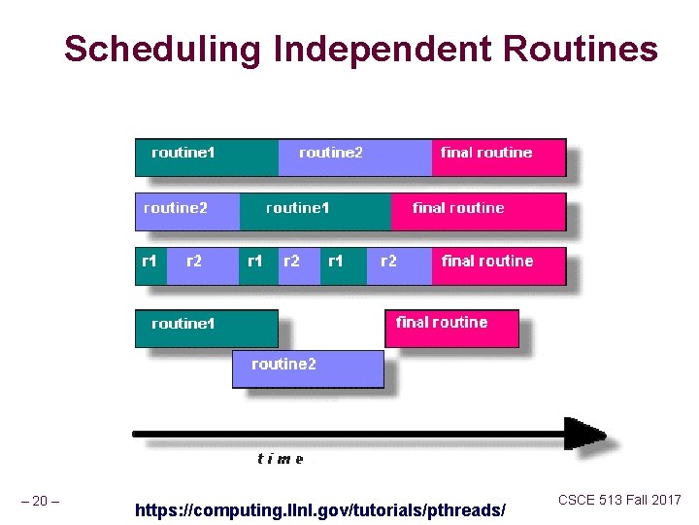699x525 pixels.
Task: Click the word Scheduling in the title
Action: click(163, 48)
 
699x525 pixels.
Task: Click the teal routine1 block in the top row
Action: click(206, 157)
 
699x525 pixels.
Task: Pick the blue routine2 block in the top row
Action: click(354, 157)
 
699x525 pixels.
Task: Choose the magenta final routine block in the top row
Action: click(498, 157)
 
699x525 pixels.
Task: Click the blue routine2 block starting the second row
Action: click(186, 211)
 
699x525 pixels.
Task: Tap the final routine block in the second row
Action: click(478, 211)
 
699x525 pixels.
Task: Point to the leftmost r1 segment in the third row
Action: click(150, 265)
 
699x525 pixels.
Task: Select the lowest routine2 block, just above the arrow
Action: click(308, 368)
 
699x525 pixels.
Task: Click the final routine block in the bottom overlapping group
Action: click(452, 328)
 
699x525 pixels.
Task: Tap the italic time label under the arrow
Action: click(281, 459)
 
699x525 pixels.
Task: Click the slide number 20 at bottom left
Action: click(40, 502)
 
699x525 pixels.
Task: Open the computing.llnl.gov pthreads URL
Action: click(320, 509)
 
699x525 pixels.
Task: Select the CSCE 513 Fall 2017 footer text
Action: click(619, 500)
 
